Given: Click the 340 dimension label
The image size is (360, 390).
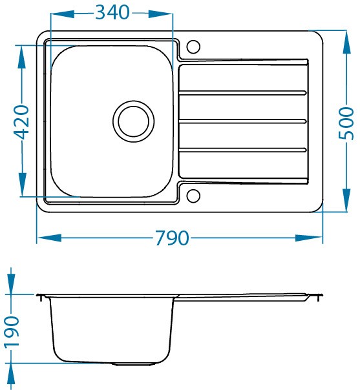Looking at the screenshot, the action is click(112, 12).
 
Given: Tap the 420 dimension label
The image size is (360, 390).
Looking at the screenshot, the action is click(21, 122).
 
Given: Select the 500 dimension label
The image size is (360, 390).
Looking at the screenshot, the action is click(346, 123).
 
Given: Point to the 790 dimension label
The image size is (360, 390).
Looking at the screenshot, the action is click(172, 238).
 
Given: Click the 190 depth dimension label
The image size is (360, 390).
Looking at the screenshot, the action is click(12, 331).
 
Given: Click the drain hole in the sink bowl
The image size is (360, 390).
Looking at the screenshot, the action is click(133, 121).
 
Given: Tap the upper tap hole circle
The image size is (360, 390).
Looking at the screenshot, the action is click(193, 46).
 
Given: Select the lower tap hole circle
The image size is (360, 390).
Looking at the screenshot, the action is click(193, 196).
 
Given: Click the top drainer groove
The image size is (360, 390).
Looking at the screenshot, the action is click(242, 93).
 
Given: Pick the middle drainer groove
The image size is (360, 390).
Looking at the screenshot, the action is click(242, 121).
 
